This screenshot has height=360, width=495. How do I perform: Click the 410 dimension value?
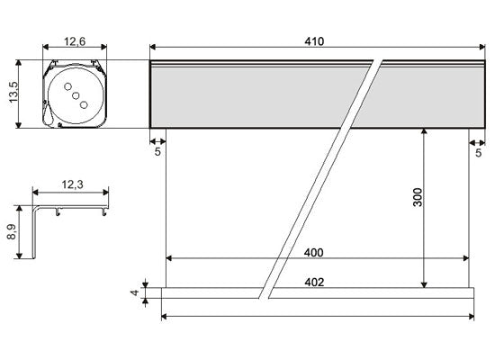click(x=314, y=41)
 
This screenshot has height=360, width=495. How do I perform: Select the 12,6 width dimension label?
click(x=75, y=41)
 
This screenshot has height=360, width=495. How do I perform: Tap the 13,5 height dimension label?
click(x=13, y=92)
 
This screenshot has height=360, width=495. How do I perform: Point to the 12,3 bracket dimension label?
click(x=73, y=184)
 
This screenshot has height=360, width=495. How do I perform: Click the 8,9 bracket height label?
click(x=12, y=232)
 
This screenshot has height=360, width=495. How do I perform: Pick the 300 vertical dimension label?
click(x=418, y=197)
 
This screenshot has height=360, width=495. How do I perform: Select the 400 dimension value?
click(x=314, y=253)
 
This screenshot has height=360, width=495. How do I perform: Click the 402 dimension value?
click(x=314, y=282)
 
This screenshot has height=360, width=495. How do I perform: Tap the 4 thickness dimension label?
click(x=135, y=292)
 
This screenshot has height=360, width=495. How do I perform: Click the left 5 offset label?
click(x=157, y=152)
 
